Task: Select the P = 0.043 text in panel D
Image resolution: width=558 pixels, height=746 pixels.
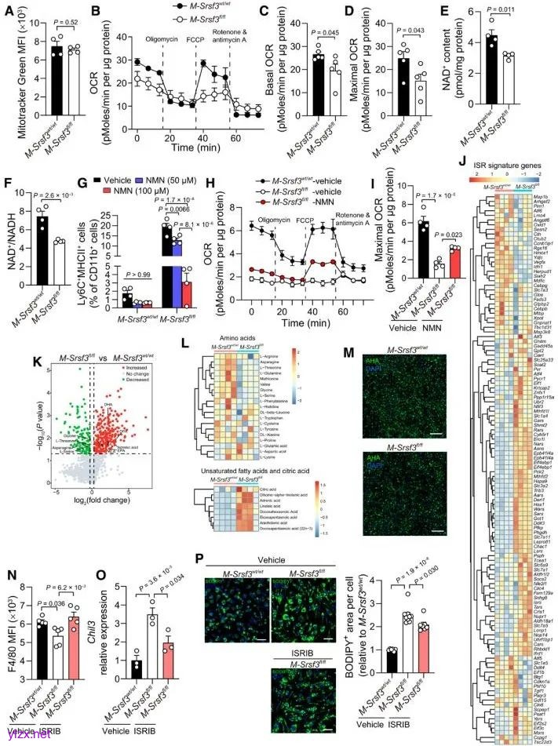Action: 410,30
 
